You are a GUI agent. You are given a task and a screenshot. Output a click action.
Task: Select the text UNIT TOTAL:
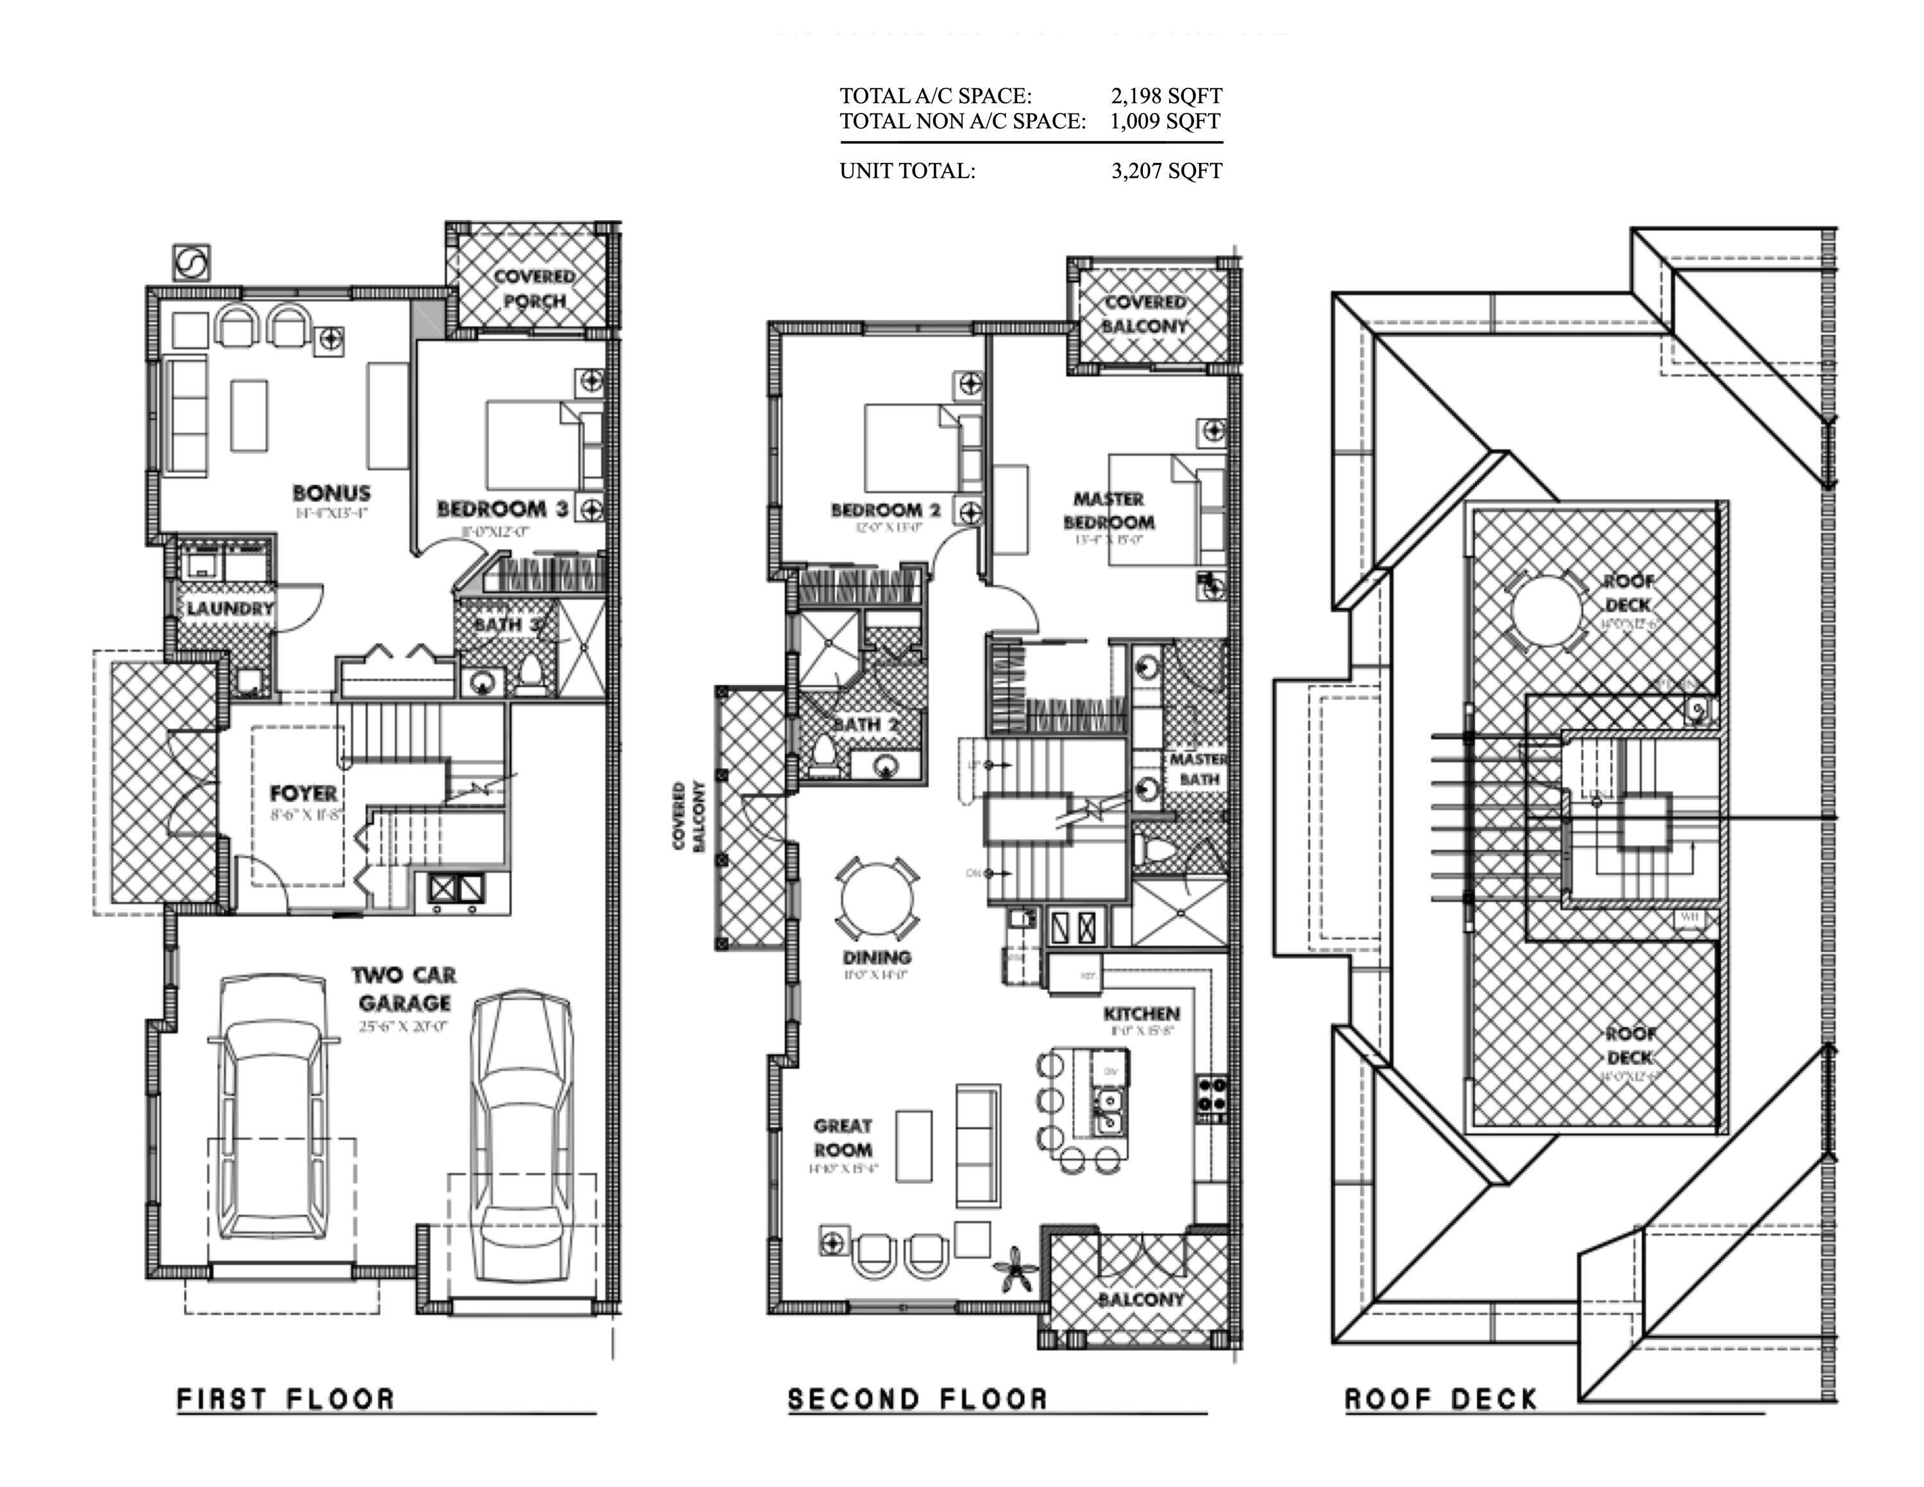907,171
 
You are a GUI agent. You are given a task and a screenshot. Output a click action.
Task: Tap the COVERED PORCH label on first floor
534,288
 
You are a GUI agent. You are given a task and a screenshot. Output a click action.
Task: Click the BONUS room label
331,493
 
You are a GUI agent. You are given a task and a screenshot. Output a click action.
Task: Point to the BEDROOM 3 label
502,509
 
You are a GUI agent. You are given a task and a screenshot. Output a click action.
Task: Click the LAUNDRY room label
230,608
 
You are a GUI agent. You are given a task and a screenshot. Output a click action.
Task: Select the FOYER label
303,793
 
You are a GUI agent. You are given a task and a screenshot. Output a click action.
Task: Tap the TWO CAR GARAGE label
404,989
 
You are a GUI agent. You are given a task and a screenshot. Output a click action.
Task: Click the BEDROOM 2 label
885,510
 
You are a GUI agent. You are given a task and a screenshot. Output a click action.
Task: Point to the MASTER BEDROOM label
1108,510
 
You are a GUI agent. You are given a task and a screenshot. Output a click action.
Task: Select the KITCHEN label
1141,1014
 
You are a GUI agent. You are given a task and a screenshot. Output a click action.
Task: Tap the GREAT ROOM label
843,1137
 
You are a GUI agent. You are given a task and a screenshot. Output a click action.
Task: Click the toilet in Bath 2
823,756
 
